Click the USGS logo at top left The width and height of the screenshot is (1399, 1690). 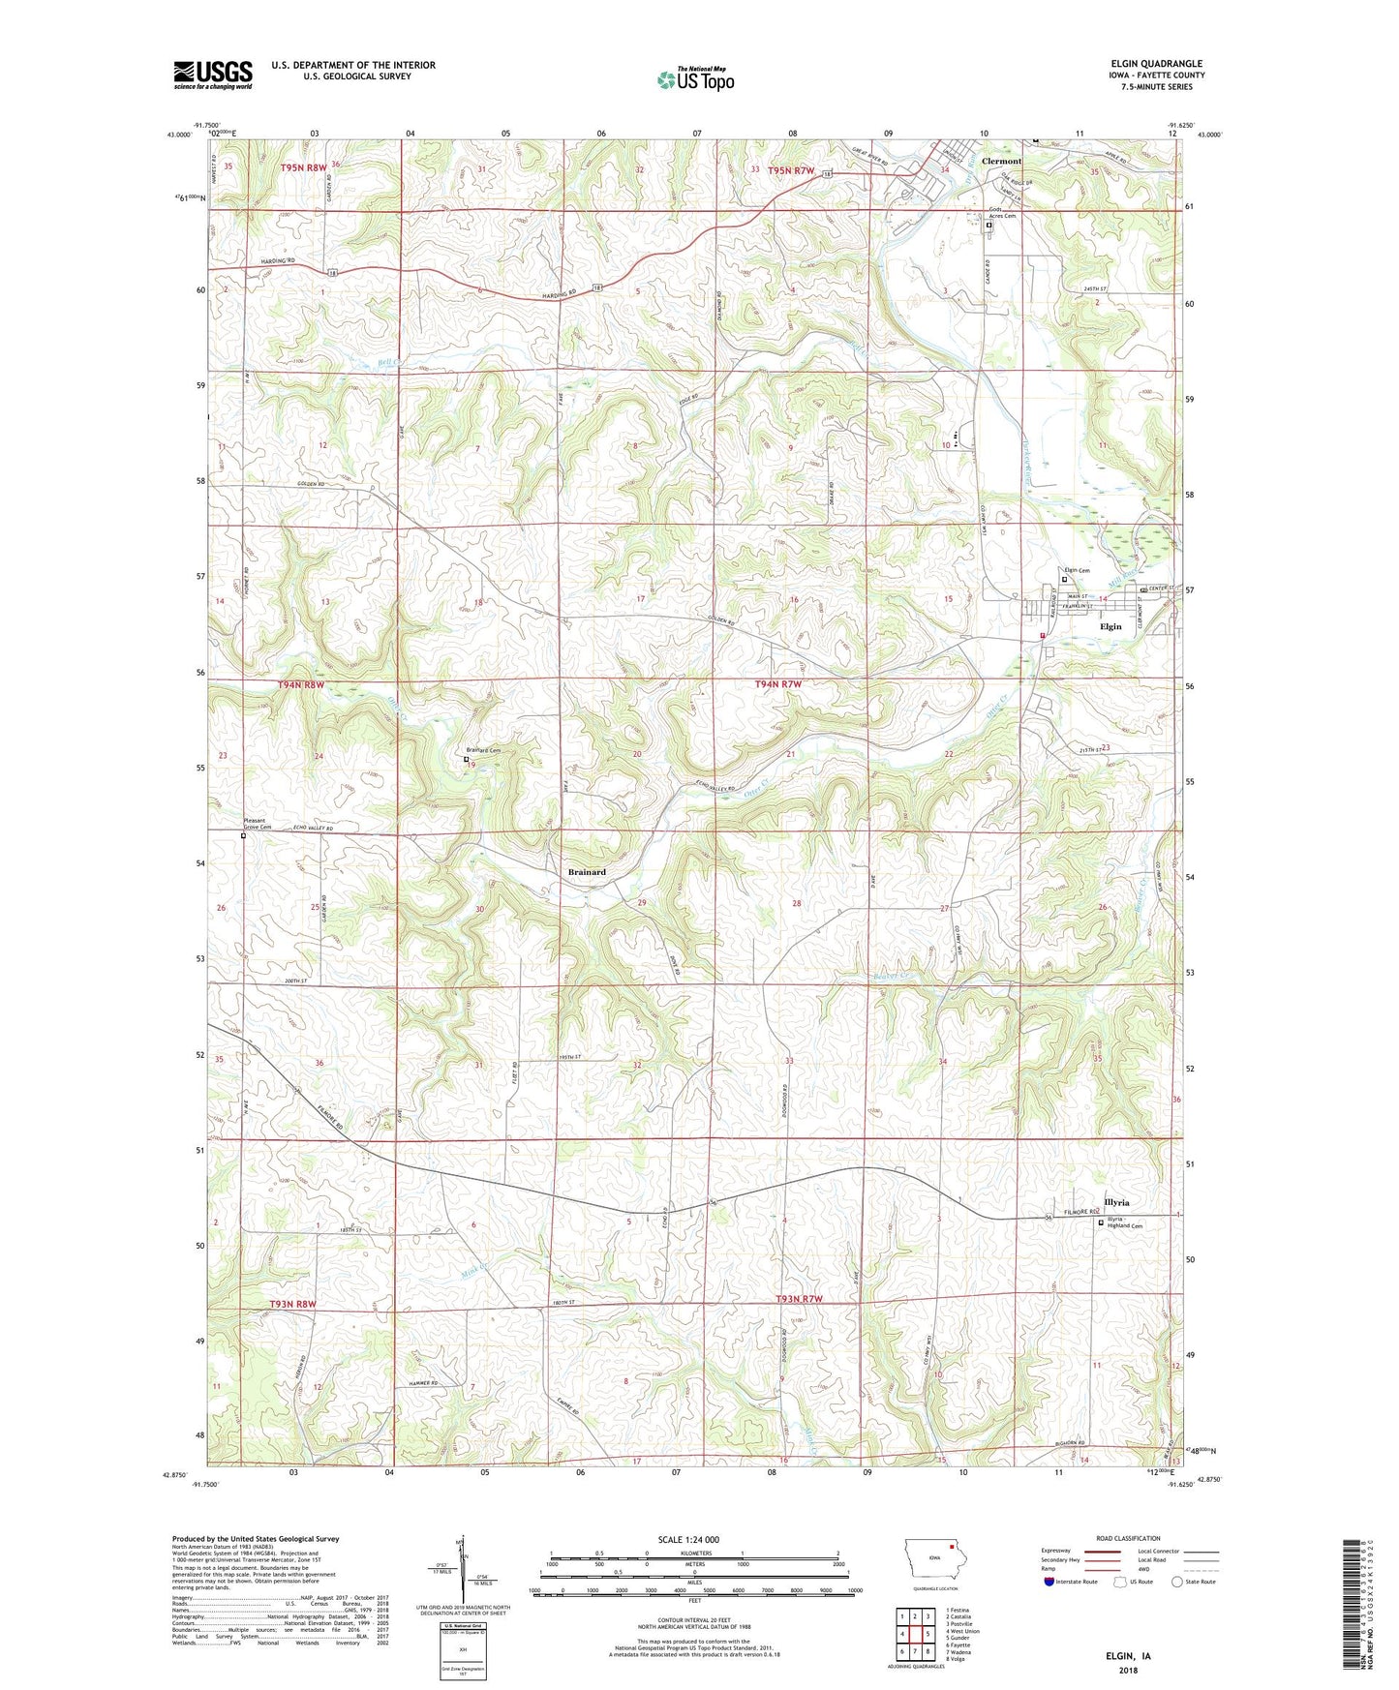(213, 75)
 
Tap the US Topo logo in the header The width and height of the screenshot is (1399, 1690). (695, 79)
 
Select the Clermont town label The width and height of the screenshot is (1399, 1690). (1001, 162)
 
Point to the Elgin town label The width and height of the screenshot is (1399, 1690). (1110, 626)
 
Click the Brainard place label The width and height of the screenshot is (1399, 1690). (587, 872)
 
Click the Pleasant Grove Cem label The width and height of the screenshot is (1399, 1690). (257, 825)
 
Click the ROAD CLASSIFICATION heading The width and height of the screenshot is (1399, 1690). (1128, 1538)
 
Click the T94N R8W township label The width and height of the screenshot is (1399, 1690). (300, 685)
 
